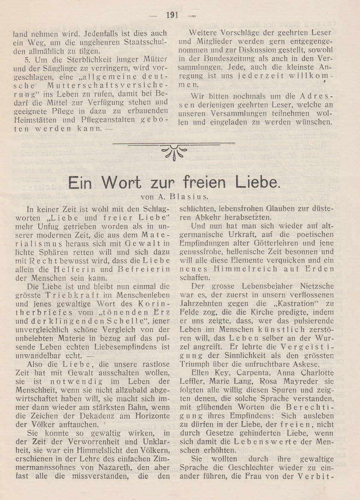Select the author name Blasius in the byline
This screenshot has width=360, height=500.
tap(188, 197)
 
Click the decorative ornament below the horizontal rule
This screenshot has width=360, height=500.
tap(174, 153)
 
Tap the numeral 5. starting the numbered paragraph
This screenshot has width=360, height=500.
tap(28, 59)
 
